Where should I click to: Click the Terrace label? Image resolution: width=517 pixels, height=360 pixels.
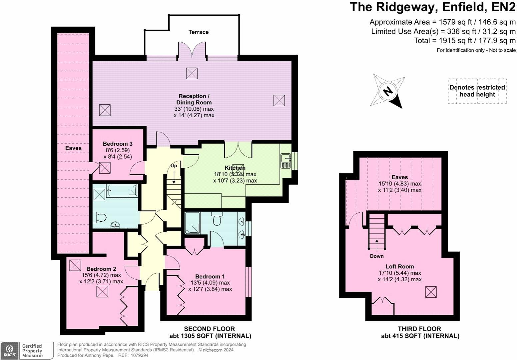(199, 32)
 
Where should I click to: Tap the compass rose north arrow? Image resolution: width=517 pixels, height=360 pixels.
(388, 91)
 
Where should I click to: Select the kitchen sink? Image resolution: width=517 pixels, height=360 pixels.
(285, 160)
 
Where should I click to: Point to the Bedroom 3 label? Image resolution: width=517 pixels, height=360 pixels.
(118, 144)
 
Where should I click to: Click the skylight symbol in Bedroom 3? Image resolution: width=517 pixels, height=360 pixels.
(105, 167)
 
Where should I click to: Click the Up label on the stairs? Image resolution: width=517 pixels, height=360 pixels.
(174, 166)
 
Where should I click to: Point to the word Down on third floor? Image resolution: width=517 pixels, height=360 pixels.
(377, 256)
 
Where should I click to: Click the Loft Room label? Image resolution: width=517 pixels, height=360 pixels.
(400, 266)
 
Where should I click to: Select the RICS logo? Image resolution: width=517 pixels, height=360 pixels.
(9, 350)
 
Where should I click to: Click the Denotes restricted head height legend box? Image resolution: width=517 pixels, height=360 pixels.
(477, 91)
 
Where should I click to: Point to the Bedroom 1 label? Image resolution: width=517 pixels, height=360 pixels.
(210, 276)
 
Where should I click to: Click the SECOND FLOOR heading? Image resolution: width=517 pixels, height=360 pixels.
(210, 329)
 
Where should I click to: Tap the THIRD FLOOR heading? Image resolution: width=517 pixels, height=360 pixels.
(419, 329)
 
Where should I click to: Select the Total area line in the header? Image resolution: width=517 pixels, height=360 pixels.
(465, 41)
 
